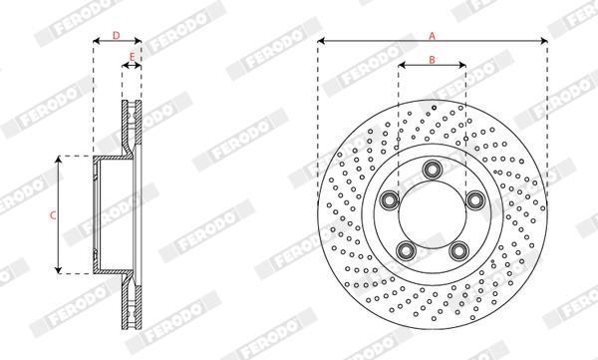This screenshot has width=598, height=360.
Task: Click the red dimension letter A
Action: [x=432, y=36]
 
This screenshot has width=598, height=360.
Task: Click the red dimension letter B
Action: [x=433, y=60]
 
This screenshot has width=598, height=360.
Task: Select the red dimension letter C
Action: [x=53, y=215]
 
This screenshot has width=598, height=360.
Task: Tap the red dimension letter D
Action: [x=117, y=36]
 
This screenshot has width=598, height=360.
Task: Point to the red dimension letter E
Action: [x=132, y=57]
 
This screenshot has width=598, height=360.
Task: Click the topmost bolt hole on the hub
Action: [x=433, y=170]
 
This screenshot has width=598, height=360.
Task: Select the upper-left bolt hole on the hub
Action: [x=390, y=200]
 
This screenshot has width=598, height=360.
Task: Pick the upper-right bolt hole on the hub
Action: [x=475, y=200]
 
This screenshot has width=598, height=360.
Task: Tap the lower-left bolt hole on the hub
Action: [x=406, y=250]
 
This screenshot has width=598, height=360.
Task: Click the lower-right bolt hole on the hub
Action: [x=458, y=250]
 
